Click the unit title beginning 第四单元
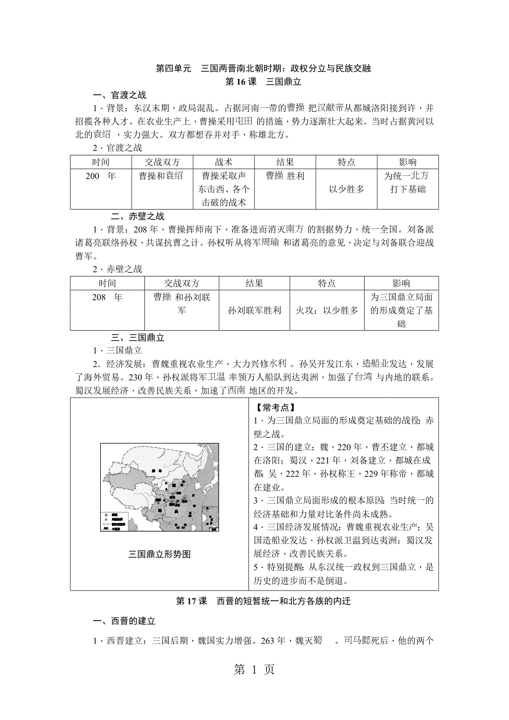pos(262,69)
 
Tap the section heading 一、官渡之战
pos(119,95)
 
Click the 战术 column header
pos(224,162)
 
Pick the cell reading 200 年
pos(101,176)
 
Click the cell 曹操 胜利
pos(285,176)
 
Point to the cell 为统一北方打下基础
pos(407,182)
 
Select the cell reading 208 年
pos(107,297)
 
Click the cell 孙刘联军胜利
pos(254,310)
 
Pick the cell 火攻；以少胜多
pos(327,310)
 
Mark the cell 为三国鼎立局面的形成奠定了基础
pos(401,310)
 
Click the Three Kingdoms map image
pos(159,488)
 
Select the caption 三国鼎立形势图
pos(159,554)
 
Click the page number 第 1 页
pos(254,670)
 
